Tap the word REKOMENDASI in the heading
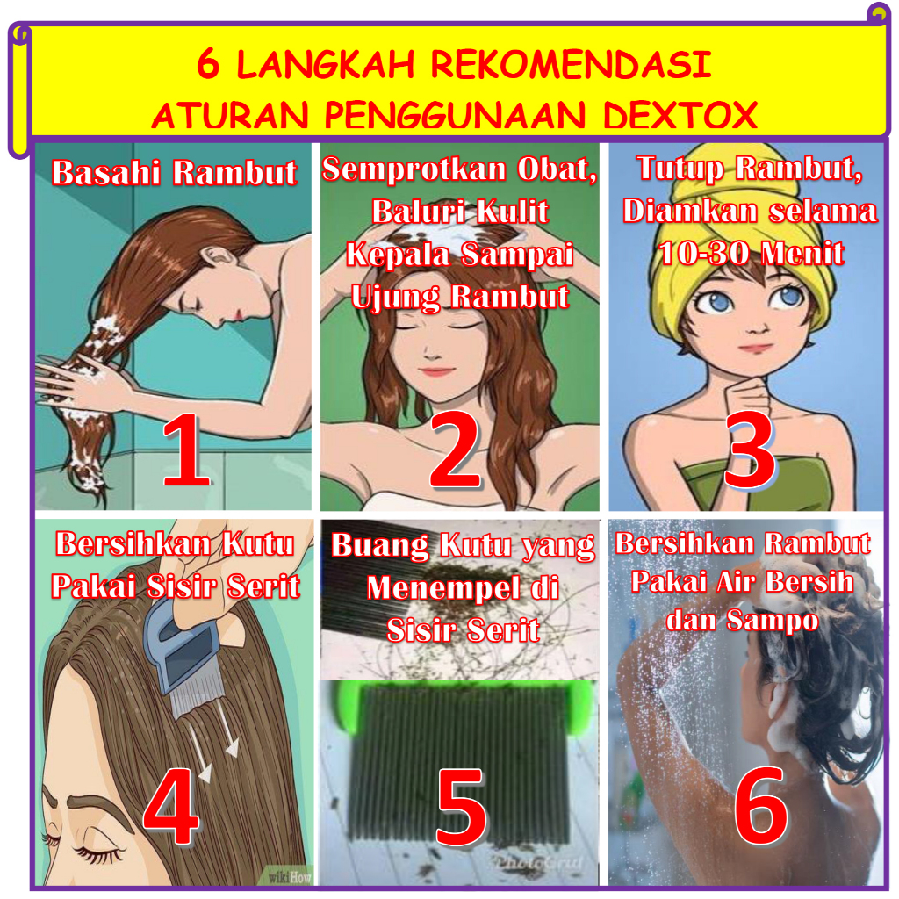[571, 63]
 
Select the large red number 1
[185, 451]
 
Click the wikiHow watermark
[290, 877]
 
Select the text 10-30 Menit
[752, 253]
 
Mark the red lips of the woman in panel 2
[436, 371]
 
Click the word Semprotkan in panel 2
[414, 170]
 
